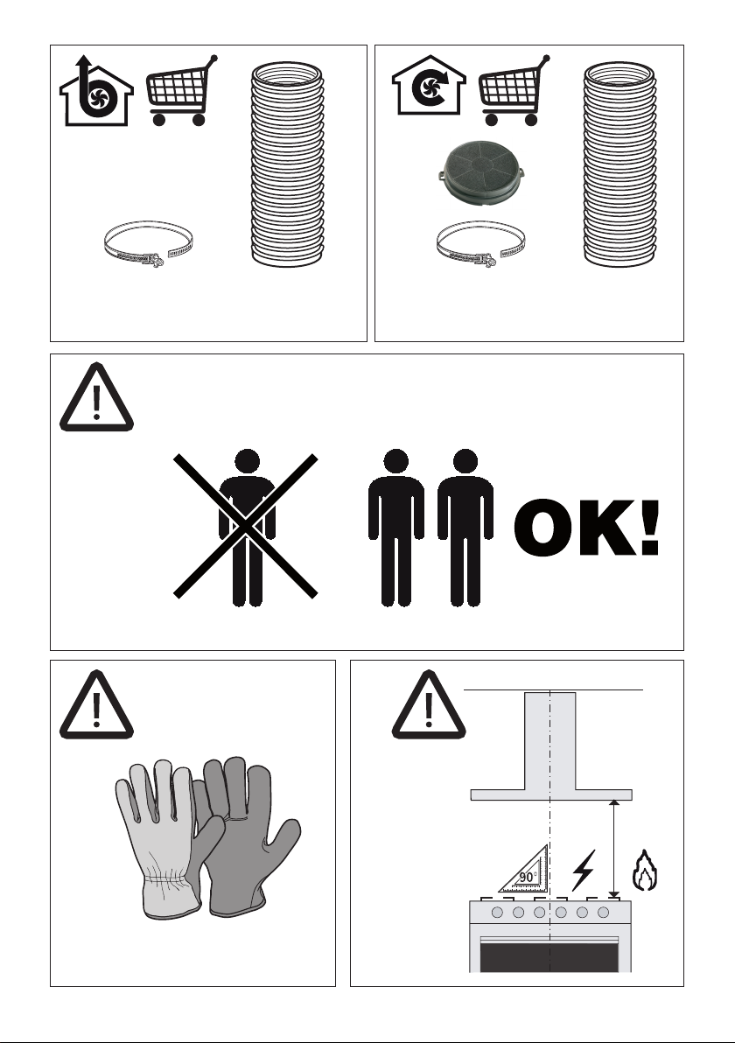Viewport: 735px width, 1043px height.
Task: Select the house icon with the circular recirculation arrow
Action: [429, 87]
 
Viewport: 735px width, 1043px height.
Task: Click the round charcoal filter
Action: [481, 172]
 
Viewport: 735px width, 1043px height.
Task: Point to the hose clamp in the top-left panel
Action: [149, 244]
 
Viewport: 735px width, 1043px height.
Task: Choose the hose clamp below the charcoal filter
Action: [481, 244]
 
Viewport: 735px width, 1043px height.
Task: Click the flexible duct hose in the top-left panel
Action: [287, 164]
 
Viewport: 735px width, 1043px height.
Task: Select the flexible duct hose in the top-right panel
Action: [619, 164]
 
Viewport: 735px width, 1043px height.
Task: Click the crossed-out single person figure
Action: [246, 528]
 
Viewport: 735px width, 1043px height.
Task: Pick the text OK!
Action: [586, 528]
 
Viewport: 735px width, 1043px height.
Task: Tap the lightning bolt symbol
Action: [584, 870]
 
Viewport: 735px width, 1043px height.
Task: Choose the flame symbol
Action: [645, 870]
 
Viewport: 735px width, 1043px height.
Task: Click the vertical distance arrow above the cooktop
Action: [614, 849]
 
